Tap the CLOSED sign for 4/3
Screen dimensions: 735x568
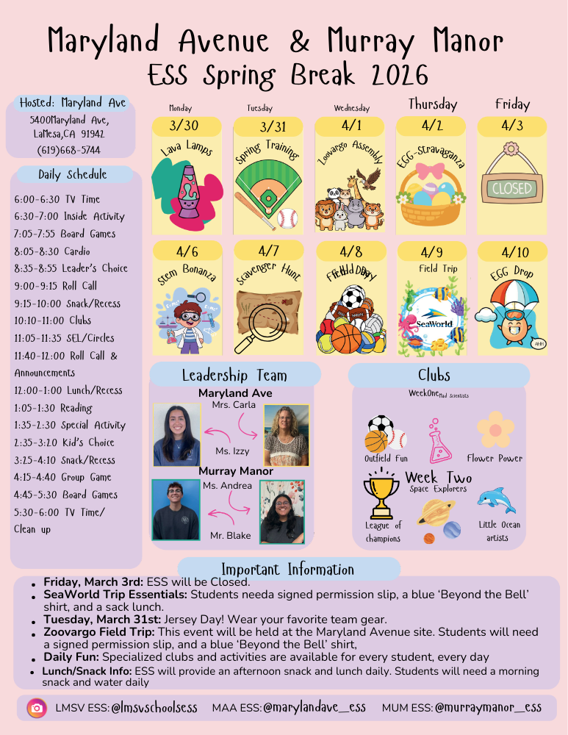click(x=511, y=189)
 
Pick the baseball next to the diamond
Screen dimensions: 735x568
click(x=287, y=218)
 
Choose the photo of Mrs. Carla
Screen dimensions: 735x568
click(x=283, y=435)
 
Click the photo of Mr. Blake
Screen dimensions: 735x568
click(x=176, y=509)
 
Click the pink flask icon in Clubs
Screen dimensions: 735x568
click(x=439, y=441)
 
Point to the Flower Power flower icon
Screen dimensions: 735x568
click(x=495, y=429)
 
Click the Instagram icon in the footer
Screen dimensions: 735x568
click(x=36, y=708)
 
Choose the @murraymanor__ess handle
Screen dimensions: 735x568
click(x=488, y=708)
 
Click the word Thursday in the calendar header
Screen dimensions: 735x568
click(x=432, y=104)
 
